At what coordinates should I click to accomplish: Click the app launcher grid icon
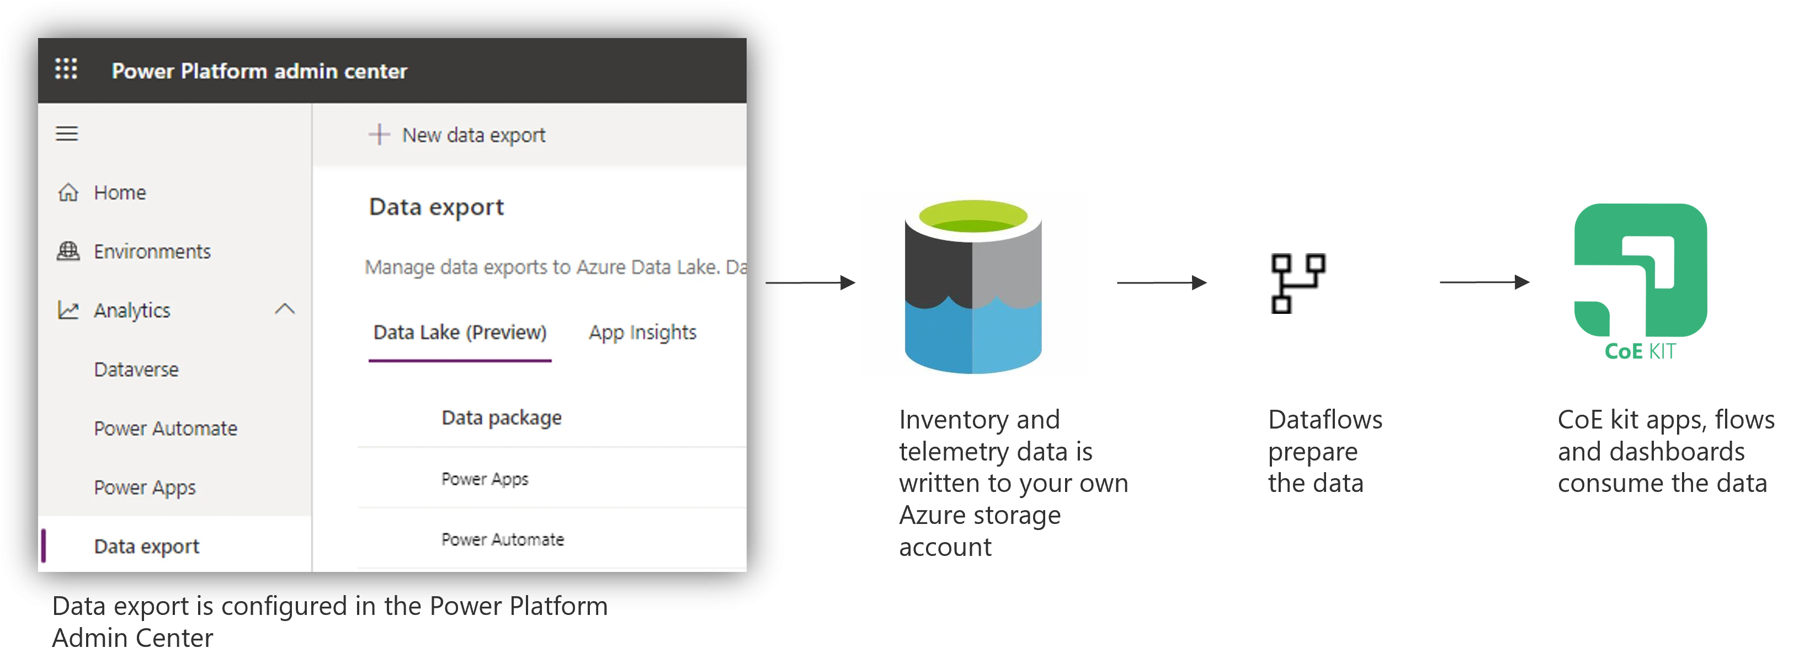(x=66, y=69)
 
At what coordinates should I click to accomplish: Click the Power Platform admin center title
(x=259, y=71)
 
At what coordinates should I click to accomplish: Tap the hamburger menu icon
(x=67, y=133)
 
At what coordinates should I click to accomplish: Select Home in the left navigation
(x=119, y=192)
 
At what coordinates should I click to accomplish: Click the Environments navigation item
(x=152, y=251)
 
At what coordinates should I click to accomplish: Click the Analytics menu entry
(x=131, y=310)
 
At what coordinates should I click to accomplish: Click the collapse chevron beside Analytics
(x=285, y=309)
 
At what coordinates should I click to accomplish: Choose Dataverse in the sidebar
(x=136, y=370)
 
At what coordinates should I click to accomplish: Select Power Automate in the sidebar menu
(x=166, y=428)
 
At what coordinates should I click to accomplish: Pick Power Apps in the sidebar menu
(x=145, y=487)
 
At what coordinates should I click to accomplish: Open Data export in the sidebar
(x=147, y=546)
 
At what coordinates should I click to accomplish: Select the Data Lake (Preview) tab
(x=460, y=333)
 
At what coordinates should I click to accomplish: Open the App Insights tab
(x=642, y=333)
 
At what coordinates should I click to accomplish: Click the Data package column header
(x=502, y=418)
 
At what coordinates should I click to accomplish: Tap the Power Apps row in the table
(x=485, y=479)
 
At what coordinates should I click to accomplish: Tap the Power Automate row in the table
(x=502, y=539)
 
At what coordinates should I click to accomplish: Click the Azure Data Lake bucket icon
(x=973, y=285)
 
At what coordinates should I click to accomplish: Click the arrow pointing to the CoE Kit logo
(x=1485, y=283)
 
